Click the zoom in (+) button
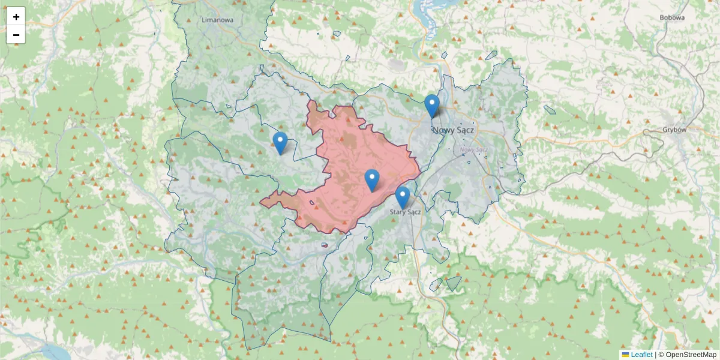coord(16,17)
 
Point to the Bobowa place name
coord(672,17)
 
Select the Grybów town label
coord(674,129)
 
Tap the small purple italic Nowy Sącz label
coord(472,149)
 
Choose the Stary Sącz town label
coord(406,212)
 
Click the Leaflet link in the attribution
coord(641,355)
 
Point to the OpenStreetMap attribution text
coord(691,355)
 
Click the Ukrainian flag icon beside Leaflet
coord(625,355)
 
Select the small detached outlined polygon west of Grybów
coord(550,110)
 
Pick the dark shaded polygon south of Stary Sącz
coord(453,283)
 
